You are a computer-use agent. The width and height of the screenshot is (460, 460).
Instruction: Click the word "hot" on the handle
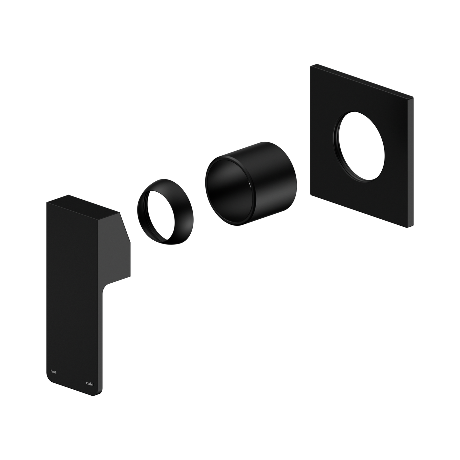[x=53, y=372]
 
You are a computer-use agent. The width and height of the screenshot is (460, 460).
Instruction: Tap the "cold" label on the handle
[x=89, y=384]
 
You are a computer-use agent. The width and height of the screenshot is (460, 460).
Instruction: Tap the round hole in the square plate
[x=360, y=145]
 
